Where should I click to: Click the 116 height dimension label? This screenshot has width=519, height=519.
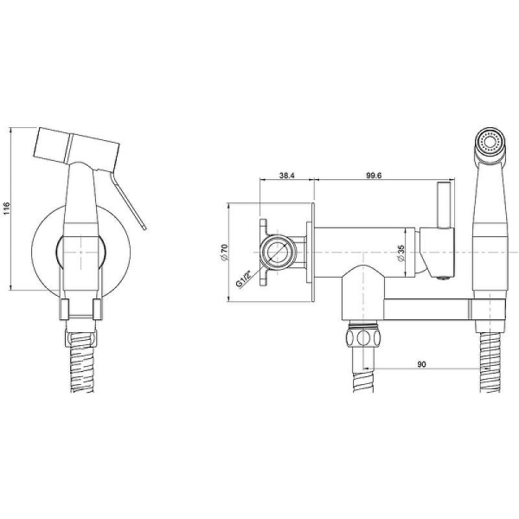pyautogui.click(x=6, y=208)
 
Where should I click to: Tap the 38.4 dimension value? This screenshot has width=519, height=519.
pyautogui.click(x=286, y=176)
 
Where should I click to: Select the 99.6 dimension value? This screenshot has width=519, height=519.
pyautogui.click(x=374, y=176)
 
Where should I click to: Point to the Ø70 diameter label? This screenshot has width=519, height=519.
pyautogui.click(x=224, y=253)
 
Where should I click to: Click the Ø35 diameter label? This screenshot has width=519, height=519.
pyautogui.click(x=401, y=253)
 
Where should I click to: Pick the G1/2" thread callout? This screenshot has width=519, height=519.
pyautogui.click(x=244, y=279)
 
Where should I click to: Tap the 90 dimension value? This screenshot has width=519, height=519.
pyautogui.click(x=421, y=364)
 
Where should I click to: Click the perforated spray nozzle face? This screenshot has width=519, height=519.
pyautogui.click(x=490, y=143)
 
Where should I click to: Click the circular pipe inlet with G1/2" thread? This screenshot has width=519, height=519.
pyautogui.click(x=278, y=253)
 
